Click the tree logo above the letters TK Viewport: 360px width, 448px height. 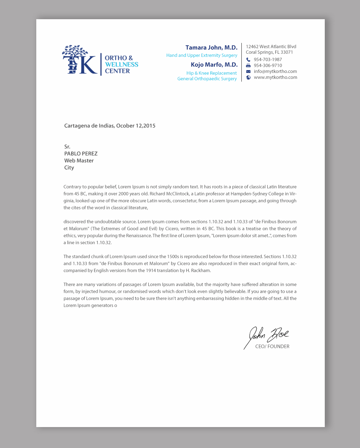pyautogui.click(x=75, y=52)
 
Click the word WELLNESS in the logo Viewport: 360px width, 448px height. pyautogui.click(x=121, y=65)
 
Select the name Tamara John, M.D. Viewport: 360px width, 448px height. pyautogui.click(x=211, y=47)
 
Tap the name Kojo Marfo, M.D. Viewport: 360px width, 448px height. pyautogui.click(x=214, y=65)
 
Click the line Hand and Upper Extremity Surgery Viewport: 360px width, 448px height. pyautogui.click(x=202, y=55)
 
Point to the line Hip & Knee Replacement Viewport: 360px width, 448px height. pyautogui.click(x=211, y=73)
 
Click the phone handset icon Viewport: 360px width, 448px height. pyautogui.click(x=248, y=60)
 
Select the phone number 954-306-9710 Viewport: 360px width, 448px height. pyautogui.click(x=268, y=66)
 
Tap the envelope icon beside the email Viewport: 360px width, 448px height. pyautogui.click(x=248, y=72)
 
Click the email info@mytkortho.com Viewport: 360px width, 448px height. pyautogui.click(x=275, y=72)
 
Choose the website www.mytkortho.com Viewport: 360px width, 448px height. pyautogui.click(x=275, y=77)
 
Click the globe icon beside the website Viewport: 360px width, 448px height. pyautogui.click(x=248, y=77)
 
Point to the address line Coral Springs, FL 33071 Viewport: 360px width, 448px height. pyautogui.click(x=269, y=52)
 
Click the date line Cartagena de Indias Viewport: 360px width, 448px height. pyautogui.click(x=110, y=126)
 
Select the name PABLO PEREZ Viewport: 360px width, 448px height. pyautogui.click(x=81, y=154)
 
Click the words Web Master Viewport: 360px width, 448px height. pyautogui.click(x=79, y=161)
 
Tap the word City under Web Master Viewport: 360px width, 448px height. pyautogui.click(x=69, y=168)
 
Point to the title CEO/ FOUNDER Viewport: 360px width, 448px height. pyautogui.click(x=272, y=347)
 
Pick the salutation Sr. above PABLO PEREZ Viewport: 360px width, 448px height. pyautogui.click(x=67, y=147)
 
